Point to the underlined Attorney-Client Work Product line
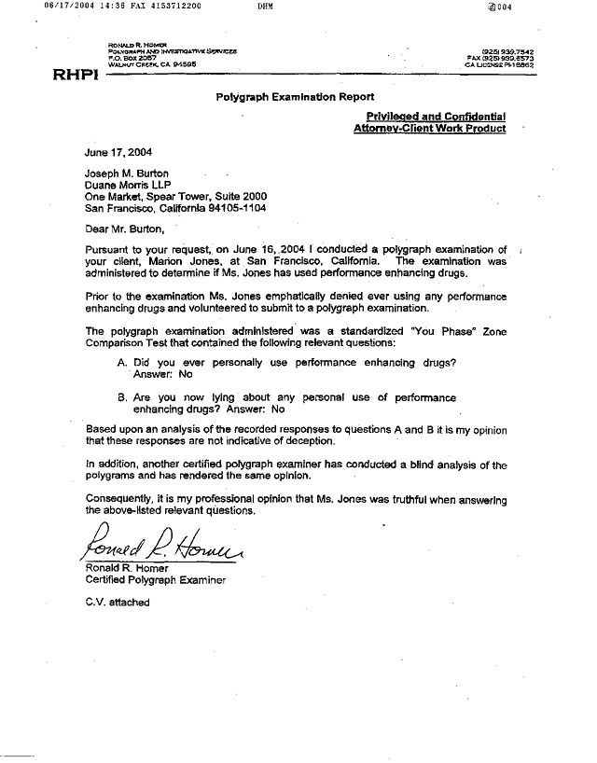430,128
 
